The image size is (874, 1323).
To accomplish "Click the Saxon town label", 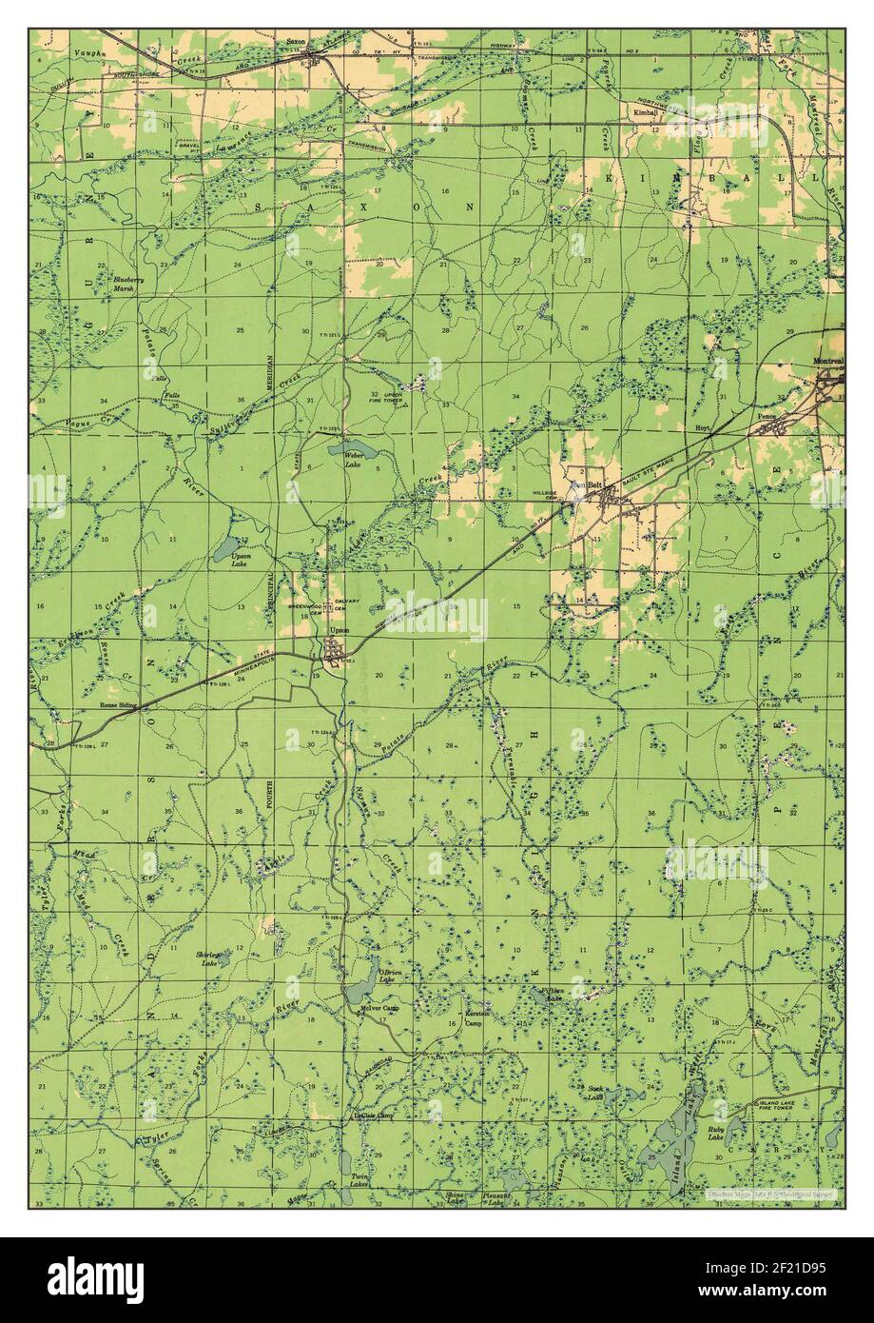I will tap(296, 43).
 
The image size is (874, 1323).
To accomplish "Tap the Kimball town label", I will tap(646, 111).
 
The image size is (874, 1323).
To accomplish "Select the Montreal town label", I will tap(828, 362).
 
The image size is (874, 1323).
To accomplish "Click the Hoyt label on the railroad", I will tap(704, 430).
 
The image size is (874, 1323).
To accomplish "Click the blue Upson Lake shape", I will tap(227, 548).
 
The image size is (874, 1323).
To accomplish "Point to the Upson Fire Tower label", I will tap(393, 398).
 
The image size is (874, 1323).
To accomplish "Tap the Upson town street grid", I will tap(335, 652).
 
